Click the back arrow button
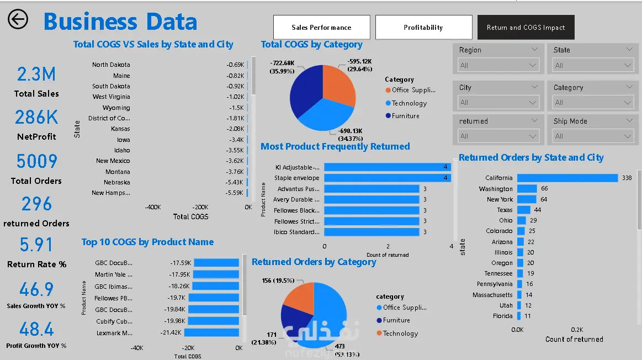tap(18, 19)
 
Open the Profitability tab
tap(423, 28)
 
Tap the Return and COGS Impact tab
tap(526, 28)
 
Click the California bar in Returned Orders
tap(567, 178)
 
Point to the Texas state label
tap(505, 210)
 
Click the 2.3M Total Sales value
tap(36, 74)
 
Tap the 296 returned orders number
tap(36, 204)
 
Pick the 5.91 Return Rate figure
tap(36, 245)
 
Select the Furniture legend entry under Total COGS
tap(406, 116)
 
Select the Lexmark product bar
tap(211, 332)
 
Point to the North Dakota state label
tap(111, 65)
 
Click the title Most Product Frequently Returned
tap(335, 146)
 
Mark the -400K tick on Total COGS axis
tap(153, 207)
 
